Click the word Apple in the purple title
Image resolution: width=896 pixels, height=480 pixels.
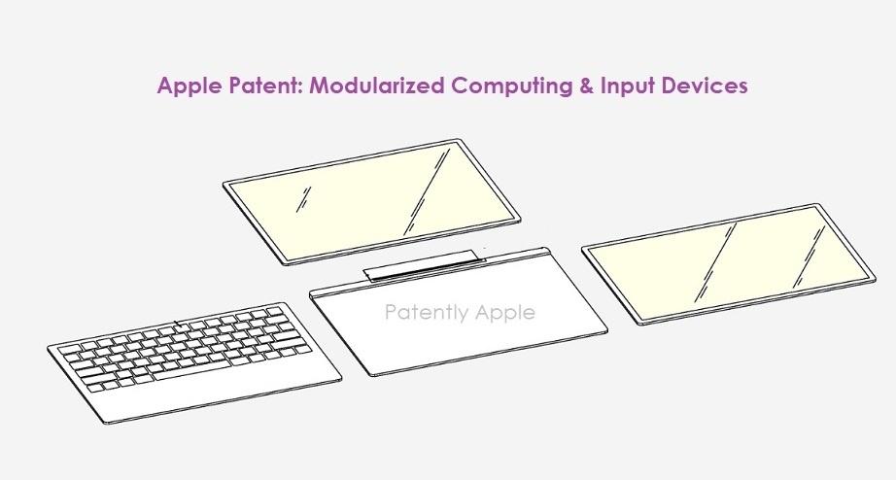click(x=189, y=86)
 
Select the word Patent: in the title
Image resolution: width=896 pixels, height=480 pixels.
click(x=266, y=86)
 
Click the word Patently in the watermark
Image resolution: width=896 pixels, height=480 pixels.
click(x=423, y=313)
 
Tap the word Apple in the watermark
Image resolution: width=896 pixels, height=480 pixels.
click(x=500, y=313)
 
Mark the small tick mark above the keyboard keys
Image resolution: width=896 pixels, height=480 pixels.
click(x=176, y=322)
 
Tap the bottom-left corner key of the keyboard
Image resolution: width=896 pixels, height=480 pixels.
click(x=98, y=386)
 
